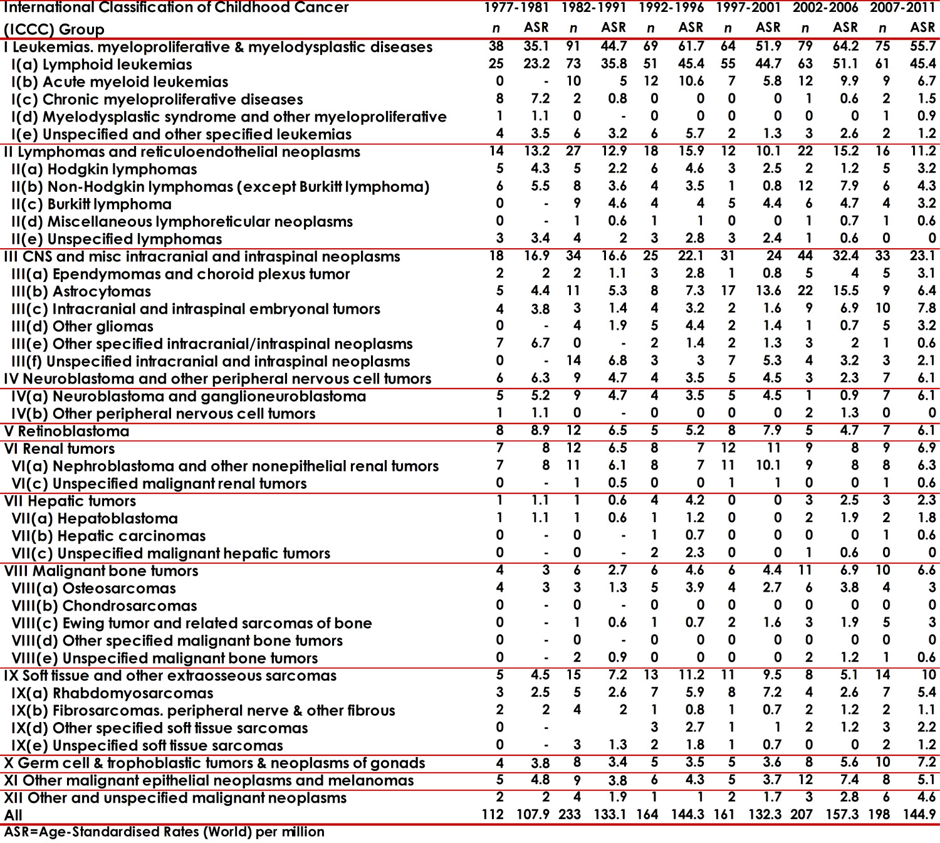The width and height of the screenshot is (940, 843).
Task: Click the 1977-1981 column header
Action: [516, 8]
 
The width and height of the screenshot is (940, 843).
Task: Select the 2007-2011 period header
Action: [902, 8]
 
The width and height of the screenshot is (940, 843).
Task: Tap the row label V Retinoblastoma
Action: [66, 431]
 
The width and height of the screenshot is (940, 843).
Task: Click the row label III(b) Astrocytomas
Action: [81, 291]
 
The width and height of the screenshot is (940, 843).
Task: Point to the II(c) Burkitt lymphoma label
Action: [91, 204]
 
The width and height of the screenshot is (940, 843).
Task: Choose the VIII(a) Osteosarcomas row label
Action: [93, 589]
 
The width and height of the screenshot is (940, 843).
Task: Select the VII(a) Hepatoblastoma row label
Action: [95, 518]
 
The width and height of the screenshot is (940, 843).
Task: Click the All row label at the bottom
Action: [13, 815]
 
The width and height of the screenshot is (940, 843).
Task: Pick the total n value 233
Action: [569, 814]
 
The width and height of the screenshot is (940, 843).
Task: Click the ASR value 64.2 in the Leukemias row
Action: [845, 46]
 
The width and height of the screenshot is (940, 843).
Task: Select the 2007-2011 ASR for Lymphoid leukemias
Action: [922, 64]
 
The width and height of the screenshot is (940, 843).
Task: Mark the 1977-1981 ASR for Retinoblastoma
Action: [539, 431]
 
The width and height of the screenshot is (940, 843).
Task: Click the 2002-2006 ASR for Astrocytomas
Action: [845, 291]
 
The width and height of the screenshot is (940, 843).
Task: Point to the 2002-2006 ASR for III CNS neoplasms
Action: [845, 256]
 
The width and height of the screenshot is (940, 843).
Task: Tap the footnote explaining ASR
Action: [164, 832]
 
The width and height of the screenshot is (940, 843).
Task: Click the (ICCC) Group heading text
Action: [54, 29]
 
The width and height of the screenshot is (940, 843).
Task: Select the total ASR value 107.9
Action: [533, 814]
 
